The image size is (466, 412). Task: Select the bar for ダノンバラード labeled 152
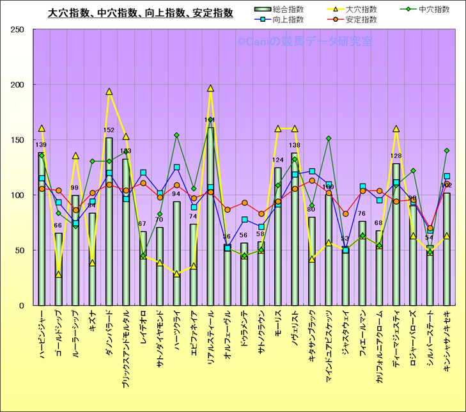click(109, 221)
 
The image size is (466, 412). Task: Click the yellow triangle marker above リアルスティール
click(210, 89)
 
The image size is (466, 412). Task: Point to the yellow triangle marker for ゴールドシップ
click(58, 274)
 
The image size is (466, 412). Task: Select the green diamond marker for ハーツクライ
click(176, 135)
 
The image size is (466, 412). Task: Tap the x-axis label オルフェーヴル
click(227, 343)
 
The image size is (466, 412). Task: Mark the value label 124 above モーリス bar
click(278, 160)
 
